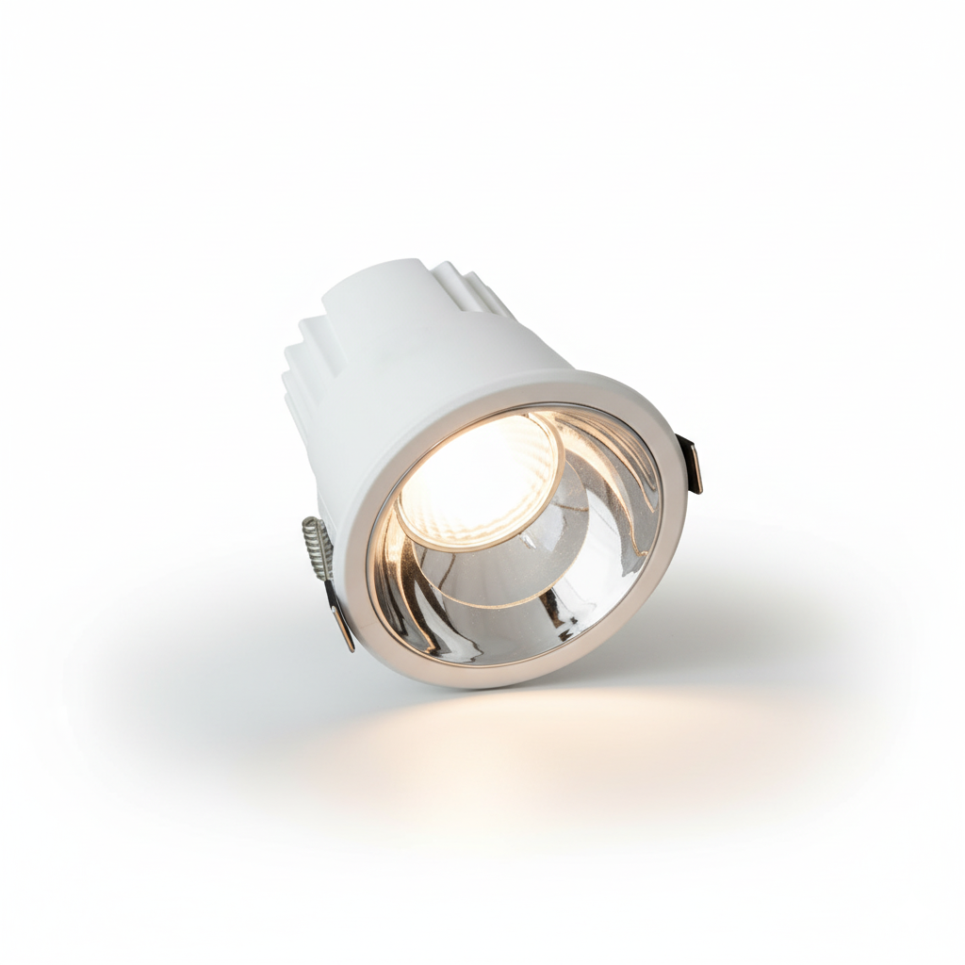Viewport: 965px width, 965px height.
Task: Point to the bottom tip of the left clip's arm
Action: [x=350, y=647]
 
